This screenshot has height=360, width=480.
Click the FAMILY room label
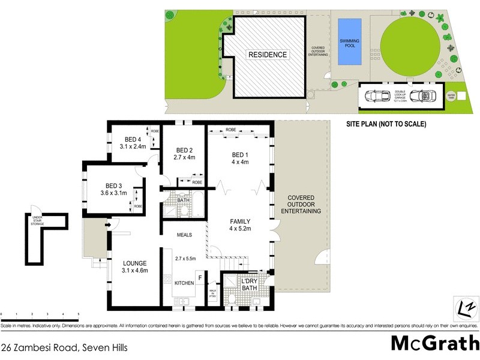coord(240,221)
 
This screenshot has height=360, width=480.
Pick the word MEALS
coord(184,235)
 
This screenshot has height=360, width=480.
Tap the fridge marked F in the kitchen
coord(199,278)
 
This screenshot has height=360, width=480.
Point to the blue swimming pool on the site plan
coord(349,41)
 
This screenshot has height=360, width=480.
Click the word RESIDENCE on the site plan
coord(268,55)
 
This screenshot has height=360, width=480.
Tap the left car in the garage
coord(377,96)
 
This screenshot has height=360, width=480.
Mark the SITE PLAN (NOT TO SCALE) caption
coord(386,124)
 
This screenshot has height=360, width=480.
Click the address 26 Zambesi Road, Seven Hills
coord(65,347)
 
